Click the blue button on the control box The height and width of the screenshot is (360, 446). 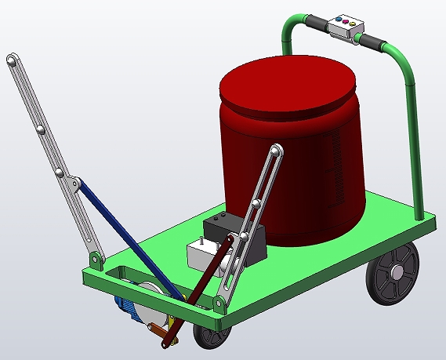tap(338, 18)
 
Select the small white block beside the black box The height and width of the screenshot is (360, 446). tap(201, 255)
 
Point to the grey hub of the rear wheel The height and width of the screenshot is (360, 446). tap(398, 272)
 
